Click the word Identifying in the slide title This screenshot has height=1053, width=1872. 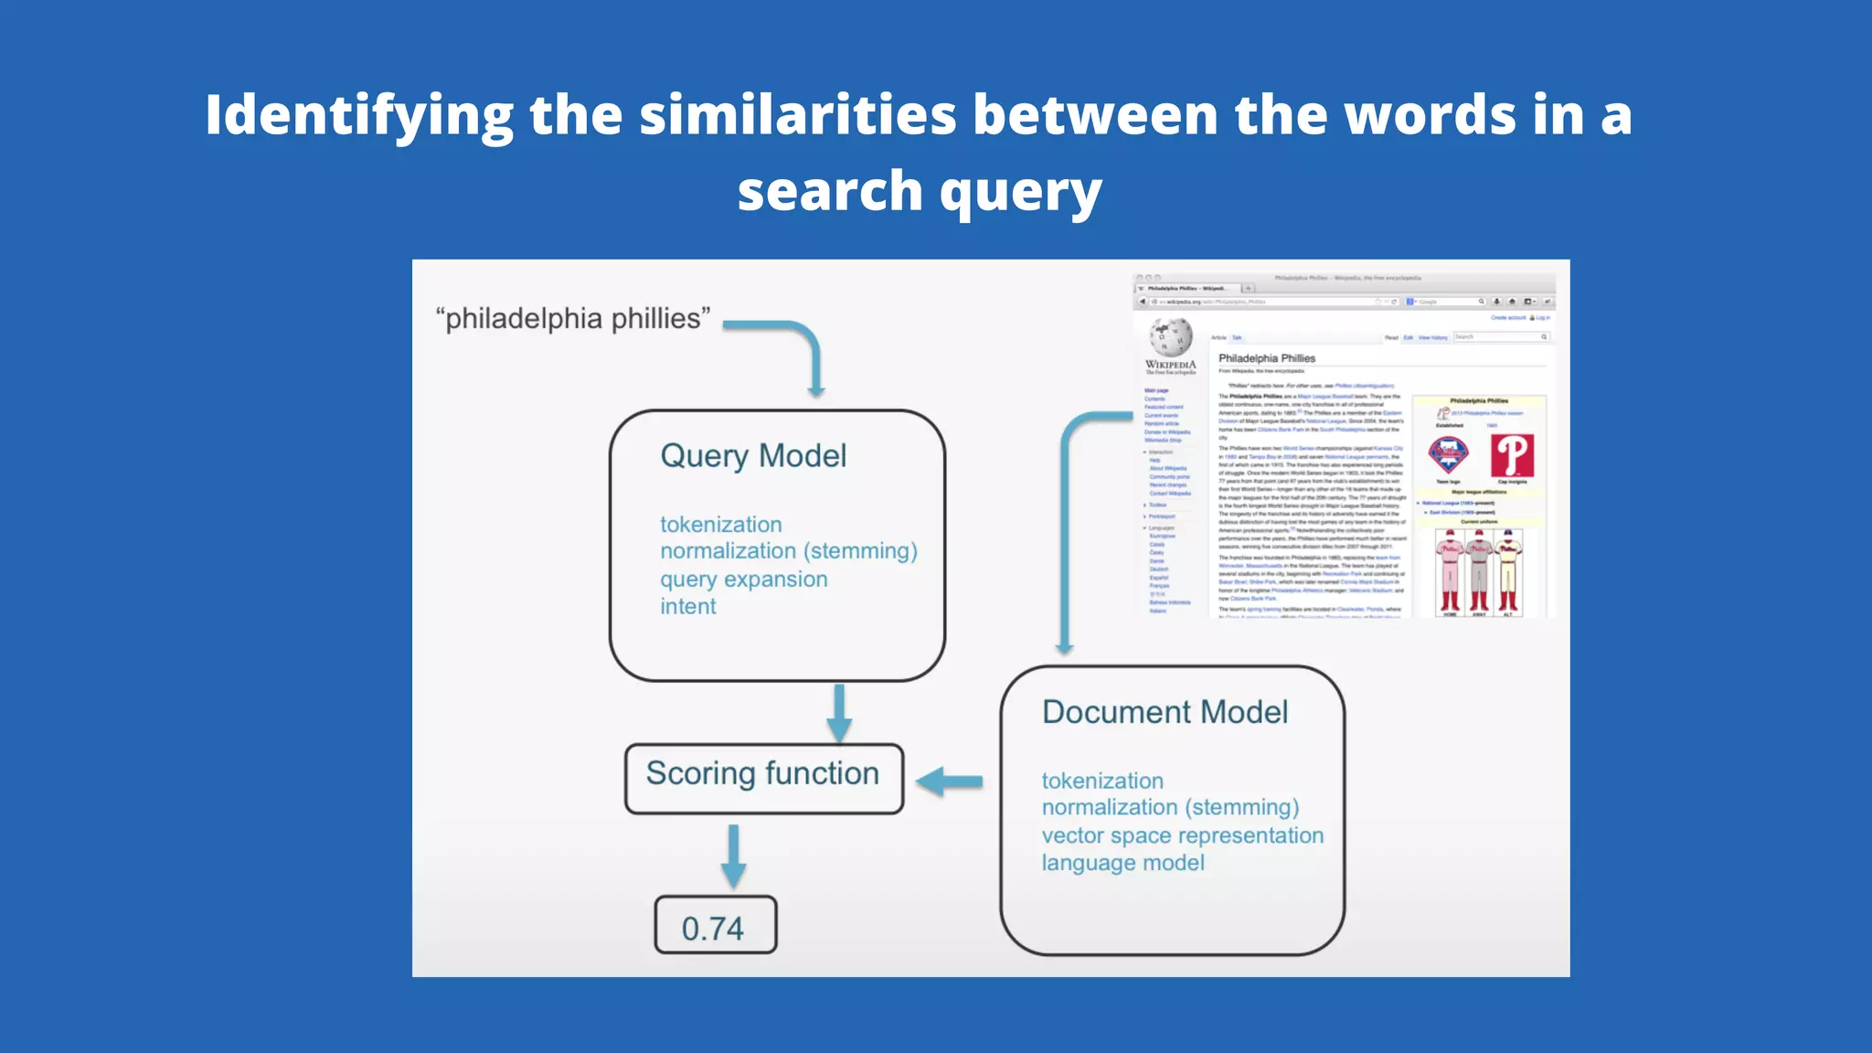point(358,116)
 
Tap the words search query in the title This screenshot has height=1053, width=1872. point(920,192)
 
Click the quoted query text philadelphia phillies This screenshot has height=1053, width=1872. point(573,319)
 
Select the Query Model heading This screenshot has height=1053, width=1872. point(753,455)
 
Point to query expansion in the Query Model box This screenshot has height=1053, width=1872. point(743,580)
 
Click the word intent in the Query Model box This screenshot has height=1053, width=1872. point(687,607)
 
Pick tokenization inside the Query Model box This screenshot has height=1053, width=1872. point(720,525)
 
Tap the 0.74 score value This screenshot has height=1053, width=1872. point(714,927)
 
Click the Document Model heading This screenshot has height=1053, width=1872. point(1165,712)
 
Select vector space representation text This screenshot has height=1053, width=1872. point(1182,835)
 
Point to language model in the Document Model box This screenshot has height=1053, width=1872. point(1122,863)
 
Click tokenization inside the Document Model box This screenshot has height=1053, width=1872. point(1102,781)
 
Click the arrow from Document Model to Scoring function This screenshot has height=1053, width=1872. point(949,782)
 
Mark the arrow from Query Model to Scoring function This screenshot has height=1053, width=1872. point(839,713)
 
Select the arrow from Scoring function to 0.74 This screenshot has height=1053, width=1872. point(733,856)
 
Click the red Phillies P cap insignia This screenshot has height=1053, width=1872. point(1512,455)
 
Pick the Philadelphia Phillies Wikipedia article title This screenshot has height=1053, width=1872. point(1266,358)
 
